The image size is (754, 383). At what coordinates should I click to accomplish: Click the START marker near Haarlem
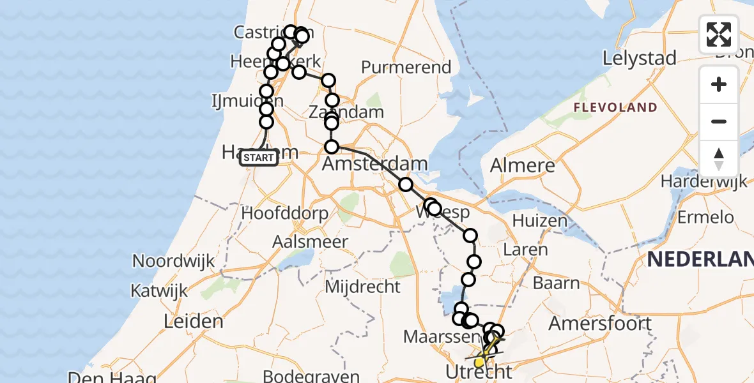[259, 158]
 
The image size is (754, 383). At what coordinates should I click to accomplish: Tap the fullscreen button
[719, 34]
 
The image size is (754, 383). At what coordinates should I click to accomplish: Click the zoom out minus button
[719, 121]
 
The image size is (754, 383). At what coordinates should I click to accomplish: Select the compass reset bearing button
[719, 158]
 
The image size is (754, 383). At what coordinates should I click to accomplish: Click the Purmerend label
[406, 67]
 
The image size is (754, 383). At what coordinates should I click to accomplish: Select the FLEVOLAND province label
[615, 107]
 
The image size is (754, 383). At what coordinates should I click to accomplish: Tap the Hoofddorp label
[285, 213]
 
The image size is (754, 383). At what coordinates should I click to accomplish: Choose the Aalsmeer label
[311, 242]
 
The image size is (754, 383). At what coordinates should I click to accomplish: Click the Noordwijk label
[173, 261]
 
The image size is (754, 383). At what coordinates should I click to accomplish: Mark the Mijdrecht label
[362, 287]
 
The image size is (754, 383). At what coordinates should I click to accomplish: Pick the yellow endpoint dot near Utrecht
[479, 363]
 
